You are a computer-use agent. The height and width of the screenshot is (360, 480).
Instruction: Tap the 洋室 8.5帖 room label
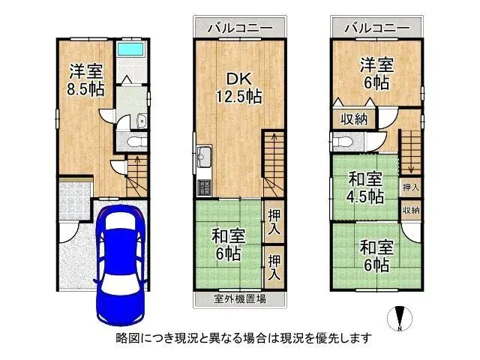(x=86, y=79)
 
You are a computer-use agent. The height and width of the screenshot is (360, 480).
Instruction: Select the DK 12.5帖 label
(x=239, y=86)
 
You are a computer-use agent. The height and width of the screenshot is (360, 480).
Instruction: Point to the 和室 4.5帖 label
(x=365, y=187)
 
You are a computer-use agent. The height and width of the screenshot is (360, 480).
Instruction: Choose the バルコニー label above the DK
(x=239, y=28)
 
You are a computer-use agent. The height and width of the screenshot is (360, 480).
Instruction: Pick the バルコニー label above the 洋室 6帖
(x=376, y=28)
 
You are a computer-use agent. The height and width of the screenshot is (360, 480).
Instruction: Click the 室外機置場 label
(x=239, y=298)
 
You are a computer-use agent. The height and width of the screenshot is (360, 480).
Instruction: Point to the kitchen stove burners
(x=204, y=187)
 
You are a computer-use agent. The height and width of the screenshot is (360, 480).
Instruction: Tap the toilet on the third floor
(x=343, y=141)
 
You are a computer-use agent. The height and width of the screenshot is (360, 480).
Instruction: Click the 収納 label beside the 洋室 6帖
(x=354, y=118)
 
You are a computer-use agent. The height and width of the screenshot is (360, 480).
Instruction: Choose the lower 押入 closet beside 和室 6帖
(x=274, y=267)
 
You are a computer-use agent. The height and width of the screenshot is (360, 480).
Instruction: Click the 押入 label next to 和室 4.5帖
(x=411, y=186)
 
